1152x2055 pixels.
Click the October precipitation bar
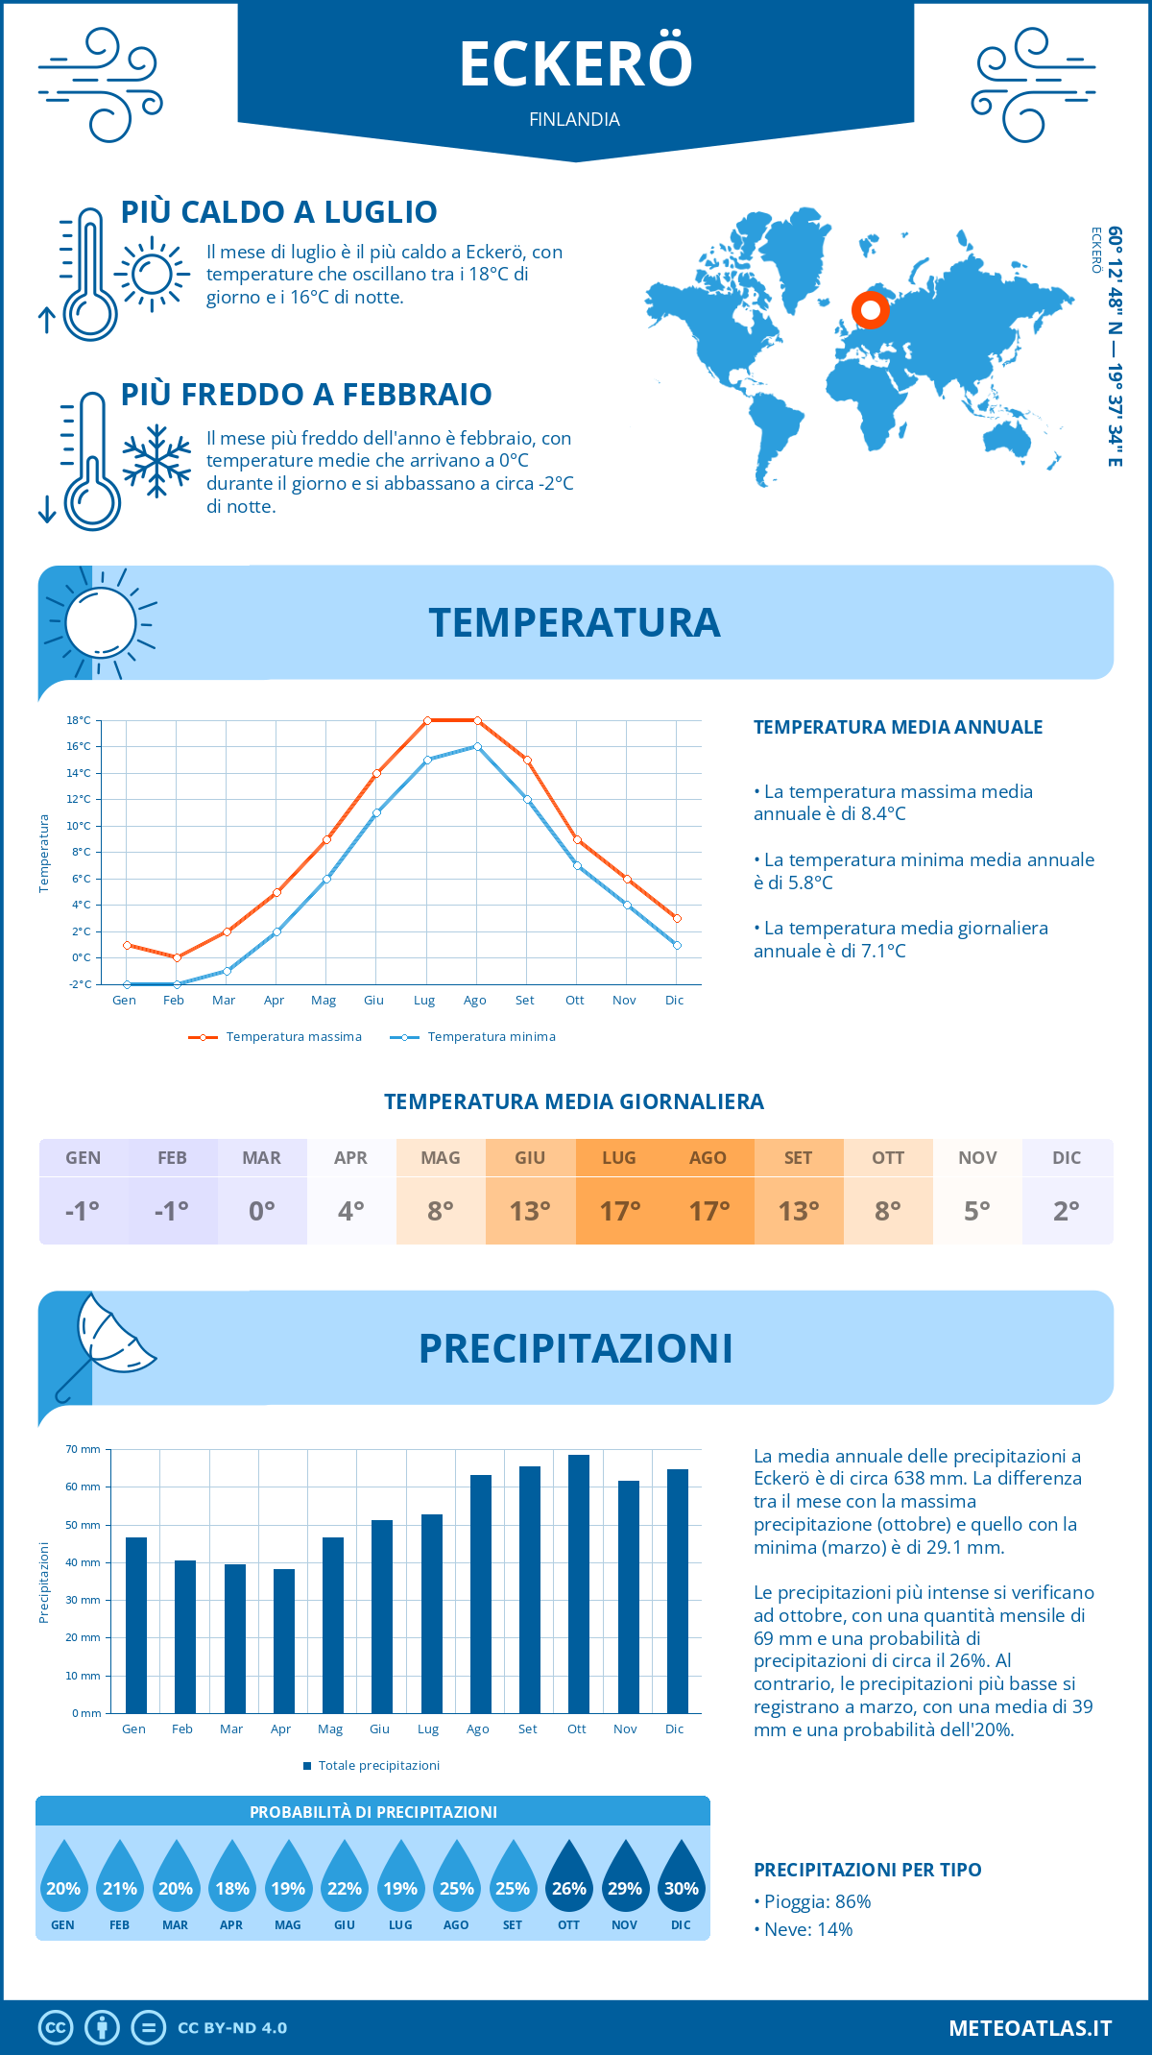pyautogui.click(x=578, y=1584)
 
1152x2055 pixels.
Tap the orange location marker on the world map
pyautogui.click(x=871, y=310)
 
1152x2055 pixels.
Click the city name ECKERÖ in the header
pyautogui.click(x=576, y=64)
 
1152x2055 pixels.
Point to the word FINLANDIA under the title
pyautogui.click(x=574, y=119)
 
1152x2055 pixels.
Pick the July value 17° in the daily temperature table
pyautogui.click(x=619, y=1211)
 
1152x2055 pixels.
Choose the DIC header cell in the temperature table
pyautogui.click(x=1067, y=1158)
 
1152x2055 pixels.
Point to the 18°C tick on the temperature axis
pyautogui.click(x=79, y=720)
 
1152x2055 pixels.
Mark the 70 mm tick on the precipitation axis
pyautogui.click(x=84, y=1449)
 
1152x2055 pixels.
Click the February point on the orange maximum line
pyautogui.click(x=177, y=957)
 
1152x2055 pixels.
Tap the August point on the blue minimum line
pyautogui.click(x=477, y=746)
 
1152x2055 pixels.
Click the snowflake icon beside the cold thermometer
pyautogui.click(x=156, y=461)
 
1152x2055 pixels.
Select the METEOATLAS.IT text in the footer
pyautogui.click(x=1029, y=2028)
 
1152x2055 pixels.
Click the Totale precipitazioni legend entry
pyautogui.click(x=372, y=1766)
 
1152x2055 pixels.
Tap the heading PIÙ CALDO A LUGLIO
pyautogui.click(x=278, y=212)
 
